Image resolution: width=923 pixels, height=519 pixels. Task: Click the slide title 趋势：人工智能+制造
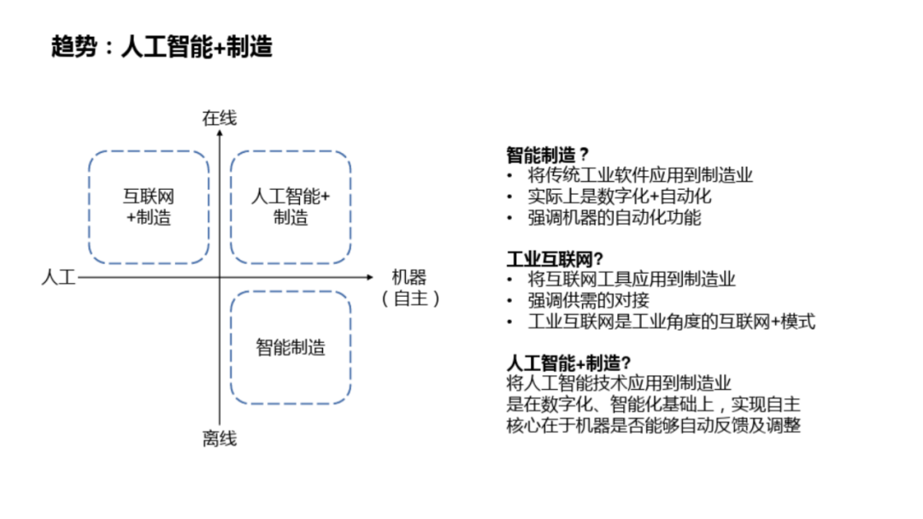pyautogui.click(x=162, y=47)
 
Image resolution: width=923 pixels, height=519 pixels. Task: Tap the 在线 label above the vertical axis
pyautogui.click(x=219, y=118)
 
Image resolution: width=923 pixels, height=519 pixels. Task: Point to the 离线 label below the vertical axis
pyautogui.click(x=219, y=439)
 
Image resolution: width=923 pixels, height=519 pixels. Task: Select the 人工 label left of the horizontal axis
pyautogui.click(x=58, y=277)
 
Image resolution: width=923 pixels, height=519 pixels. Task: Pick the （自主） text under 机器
pyautogui.click(x=411, y=298)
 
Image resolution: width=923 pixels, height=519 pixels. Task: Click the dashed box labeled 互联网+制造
pyautogui.click(x=149, y=207)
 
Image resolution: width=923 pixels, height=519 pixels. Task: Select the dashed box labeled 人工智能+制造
pyautogui.click(x=291, y=207)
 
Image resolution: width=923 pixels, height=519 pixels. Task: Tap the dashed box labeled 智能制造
pyautogui.click(x=291, y=347)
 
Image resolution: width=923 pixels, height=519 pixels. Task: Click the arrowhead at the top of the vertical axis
pyautogui.click(x=220, y=134)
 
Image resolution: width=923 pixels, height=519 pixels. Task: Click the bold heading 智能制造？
pyautogui.click(x=548, y=155)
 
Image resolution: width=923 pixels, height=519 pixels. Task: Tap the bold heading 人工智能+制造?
pyautogui.click(x=568, y=363)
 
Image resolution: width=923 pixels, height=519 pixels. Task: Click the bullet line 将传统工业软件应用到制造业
pyautogui.click(x=640, y=175)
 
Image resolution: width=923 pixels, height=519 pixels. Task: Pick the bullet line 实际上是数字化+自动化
pyautogui.click(x=620, y=196)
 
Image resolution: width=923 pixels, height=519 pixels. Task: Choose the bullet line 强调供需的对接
pyautogui.click(x=589, y=300)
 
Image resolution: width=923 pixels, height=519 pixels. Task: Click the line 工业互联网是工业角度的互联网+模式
pyautogui.click(x=672, y=321)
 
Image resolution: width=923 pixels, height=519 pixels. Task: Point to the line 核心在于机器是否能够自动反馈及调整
pyautogui.click(x=653, y=425)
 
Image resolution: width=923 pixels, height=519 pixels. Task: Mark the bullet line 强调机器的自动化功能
pyautogui.click(x=614, y=217)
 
